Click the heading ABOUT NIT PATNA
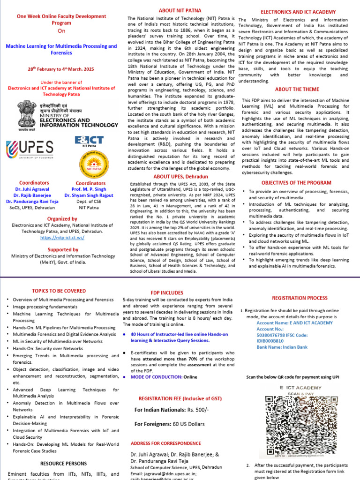[180, 10]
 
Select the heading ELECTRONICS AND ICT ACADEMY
[298, 11]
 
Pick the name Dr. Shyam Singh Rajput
[89, 195]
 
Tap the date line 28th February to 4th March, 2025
[60, 69]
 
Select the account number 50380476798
[274, 335]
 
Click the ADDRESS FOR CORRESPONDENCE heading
[165, 443]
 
